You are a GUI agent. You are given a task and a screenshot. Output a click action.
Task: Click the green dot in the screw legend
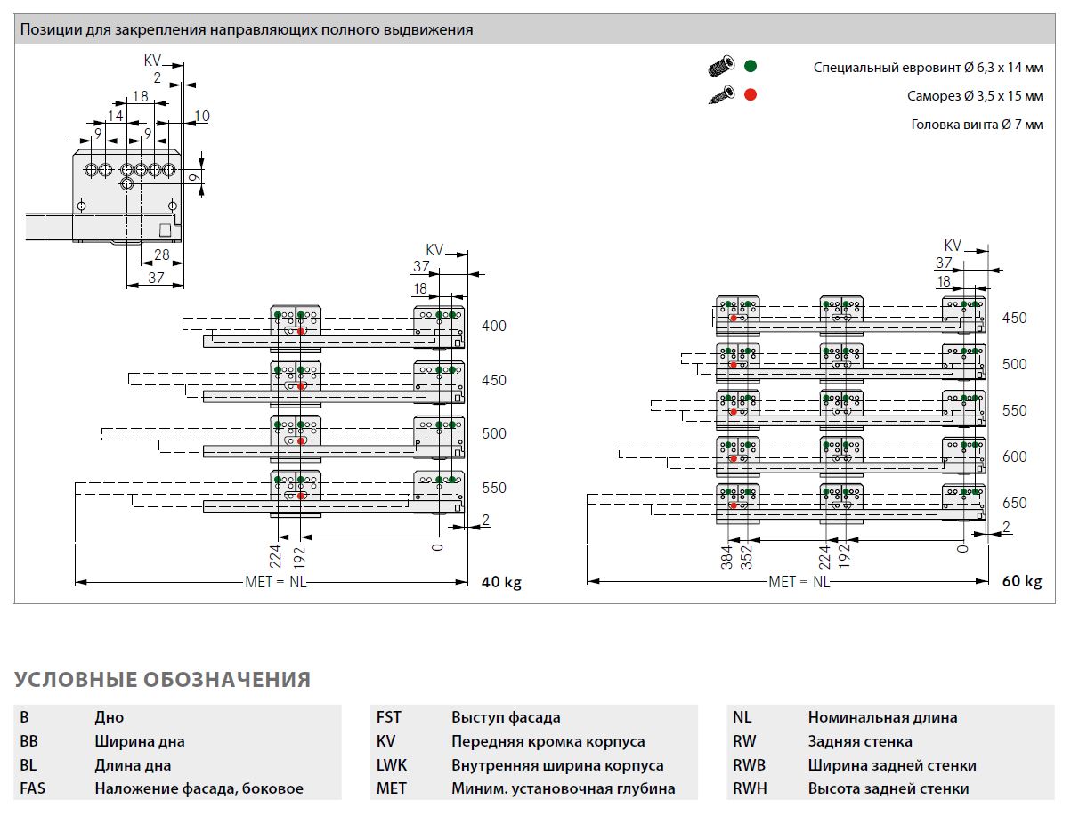tap(751, 66)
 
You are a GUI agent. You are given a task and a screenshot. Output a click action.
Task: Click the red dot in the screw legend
tap(751, 94)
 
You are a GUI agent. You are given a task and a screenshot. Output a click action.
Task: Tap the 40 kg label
tap(501, 582)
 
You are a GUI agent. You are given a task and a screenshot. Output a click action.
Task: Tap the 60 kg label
tap(1022, 581)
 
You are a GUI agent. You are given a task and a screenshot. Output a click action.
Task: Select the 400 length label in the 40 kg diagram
tap(494, 326)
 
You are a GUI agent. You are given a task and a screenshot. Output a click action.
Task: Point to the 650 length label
tap(1014, 503)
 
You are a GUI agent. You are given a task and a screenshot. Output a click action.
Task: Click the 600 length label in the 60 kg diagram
tap(1014, 456)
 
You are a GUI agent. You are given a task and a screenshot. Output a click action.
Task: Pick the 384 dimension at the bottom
tap(727, 557)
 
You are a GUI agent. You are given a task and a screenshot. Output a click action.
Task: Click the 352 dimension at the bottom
tap(747, 557)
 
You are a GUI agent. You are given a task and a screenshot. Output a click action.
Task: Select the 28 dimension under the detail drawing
tap(161, 254)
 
